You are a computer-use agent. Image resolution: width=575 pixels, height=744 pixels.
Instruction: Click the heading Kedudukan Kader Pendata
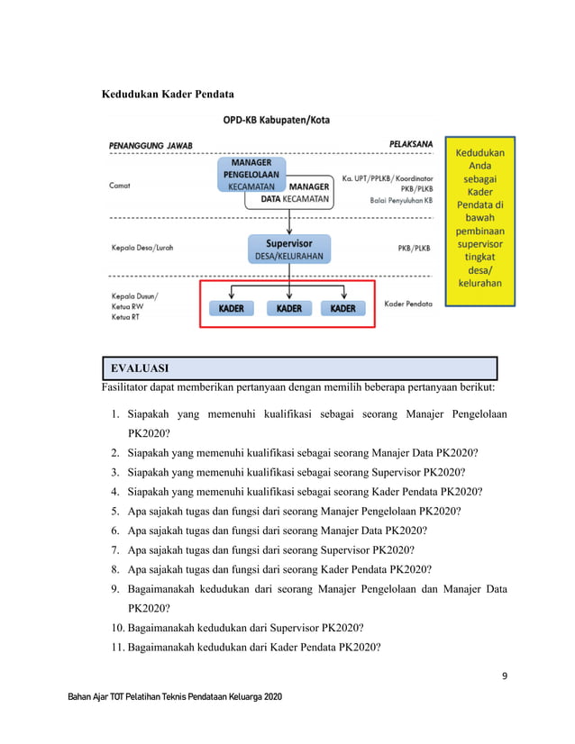tap(168, 95)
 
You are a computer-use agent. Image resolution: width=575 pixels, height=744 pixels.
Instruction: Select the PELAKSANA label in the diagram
tap(411, 143)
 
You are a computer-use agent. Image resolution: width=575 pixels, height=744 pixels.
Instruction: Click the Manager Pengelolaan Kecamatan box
tap(251, 173)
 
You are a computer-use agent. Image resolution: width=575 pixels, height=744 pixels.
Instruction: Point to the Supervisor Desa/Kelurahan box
tap(288, 249)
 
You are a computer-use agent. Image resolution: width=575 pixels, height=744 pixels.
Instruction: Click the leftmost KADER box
tap(233, 308)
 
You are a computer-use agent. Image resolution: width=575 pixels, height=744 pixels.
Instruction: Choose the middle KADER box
tap(288, 308)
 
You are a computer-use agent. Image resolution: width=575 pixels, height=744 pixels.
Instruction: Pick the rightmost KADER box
tap(343, 308)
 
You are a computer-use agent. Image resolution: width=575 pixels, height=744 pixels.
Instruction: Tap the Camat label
tap(120, 186)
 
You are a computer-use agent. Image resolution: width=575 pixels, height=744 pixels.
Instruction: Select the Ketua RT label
tap(125, 317)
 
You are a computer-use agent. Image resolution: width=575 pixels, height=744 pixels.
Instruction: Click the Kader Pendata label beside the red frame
tap(407, 304)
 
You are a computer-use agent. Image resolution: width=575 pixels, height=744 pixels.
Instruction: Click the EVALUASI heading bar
tap(299, 368)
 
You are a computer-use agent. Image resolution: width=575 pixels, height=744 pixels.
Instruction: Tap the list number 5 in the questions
tap(116, 511)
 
